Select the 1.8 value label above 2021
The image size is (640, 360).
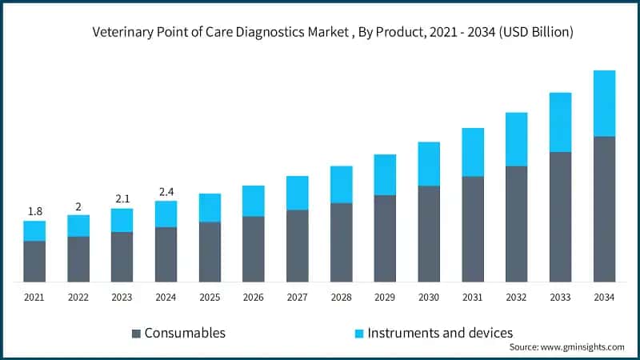click(x=34, y=211)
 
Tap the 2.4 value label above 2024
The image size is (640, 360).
click(x=166, y=191)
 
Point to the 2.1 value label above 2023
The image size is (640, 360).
click(x=122, y=198)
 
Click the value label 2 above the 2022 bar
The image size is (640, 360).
click(x=78, y=206)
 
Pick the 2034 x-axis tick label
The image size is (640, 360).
click(x=604, y=297)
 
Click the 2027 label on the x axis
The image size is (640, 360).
click(x=297, y=297)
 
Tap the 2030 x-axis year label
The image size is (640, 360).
click(x=429, y=297)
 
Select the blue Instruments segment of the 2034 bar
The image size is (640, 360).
click(x=604, y=103)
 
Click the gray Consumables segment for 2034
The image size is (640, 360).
click(x=604, y=209)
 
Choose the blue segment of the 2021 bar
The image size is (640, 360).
click(x=34, y=230)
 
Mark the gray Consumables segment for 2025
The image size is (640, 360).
click(x=210, y=251)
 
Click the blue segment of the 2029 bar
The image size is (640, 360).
click(x=385, y=174)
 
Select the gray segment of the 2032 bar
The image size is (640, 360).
click(x=516, y=223)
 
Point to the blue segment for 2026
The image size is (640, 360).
click(x=254, y=201)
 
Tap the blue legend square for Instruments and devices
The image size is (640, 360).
click(x=359, y=333)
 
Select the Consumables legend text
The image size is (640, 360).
click(x=185, y=333)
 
